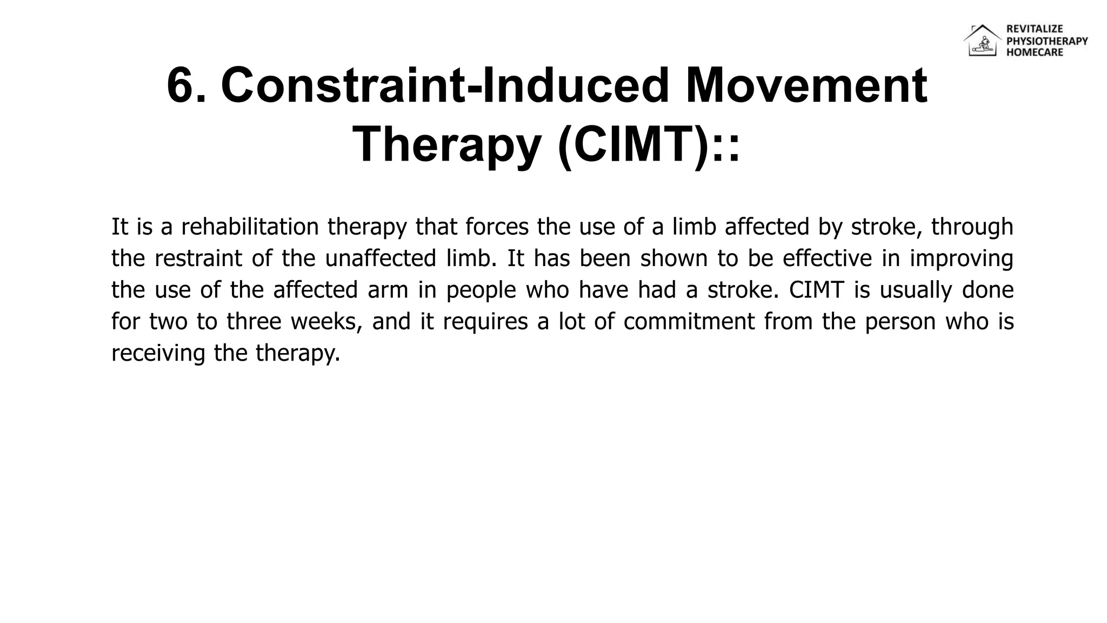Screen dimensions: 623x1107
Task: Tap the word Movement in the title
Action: [x=806, y=86]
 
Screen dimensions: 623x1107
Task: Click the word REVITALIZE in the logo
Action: [x=1034, y=29]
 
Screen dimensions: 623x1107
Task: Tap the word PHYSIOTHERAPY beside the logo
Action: [x=1046, y=41]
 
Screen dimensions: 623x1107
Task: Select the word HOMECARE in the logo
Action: [x=1034, y=52]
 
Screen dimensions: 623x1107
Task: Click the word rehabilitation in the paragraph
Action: [x=250, y=227]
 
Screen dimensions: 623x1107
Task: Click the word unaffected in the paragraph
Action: [x=380, y=259]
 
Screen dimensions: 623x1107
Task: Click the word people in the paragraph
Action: [x=481, y=290]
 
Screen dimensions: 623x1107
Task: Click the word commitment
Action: [x=689, y=322]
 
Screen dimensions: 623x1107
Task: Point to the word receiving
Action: [x=158, y=354]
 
